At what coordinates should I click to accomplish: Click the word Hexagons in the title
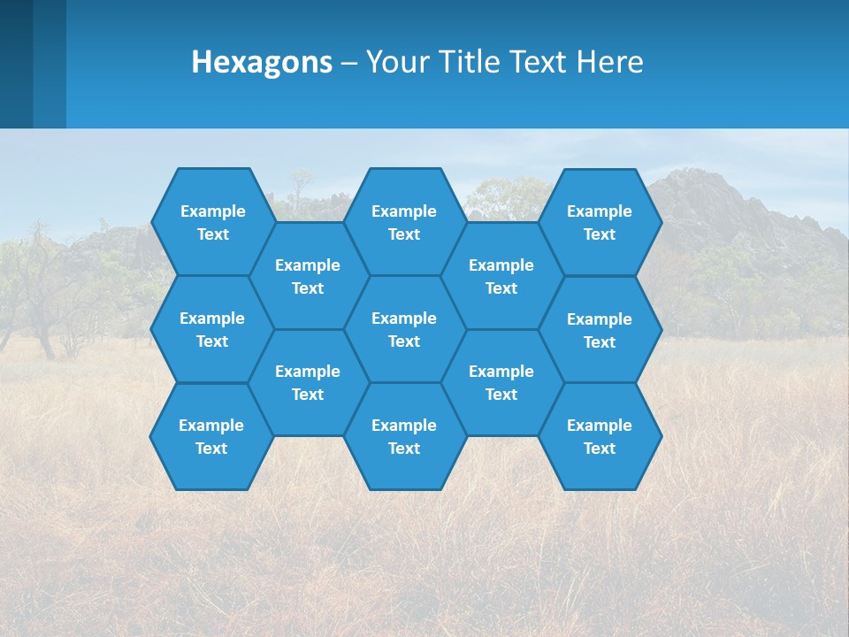[262, 62]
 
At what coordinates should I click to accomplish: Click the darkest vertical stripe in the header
[16, 64]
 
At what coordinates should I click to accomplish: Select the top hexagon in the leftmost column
[212, 222]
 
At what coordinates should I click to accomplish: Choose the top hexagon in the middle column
[404, 222]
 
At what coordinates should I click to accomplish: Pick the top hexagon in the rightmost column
[600, 222]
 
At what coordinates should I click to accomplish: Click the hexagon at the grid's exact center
[404, 329]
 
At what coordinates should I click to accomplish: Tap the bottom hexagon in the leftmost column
[211, 436]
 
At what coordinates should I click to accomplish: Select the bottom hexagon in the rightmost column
[600, 436]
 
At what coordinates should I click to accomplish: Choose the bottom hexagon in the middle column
[404, 436]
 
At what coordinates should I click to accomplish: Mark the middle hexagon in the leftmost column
[212, 329]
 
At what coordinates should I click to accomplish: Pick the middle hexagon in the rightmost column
[600, 330]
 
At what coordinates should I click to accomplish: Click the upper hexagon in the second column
[308, 276]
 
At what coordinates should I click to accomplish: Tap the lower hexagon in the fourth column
[501, 382]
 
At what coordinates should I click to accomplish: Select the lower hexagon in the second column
[308, 382]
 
